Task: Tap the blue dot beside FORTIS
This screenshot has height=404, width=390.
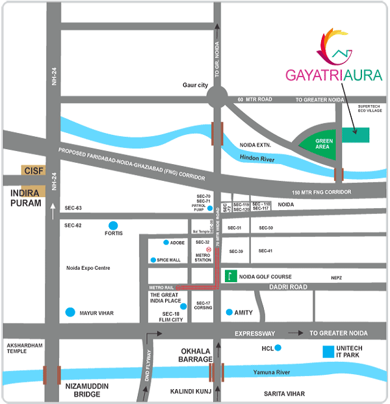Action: click(113, 226)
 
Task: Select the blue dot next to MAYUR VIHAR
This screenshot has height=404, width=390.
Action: click(70, 313)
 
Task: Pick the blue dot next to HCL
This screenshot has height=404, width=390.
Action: click(278, 348)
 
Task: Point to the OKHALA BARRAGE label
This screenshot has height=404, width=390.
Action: click(196, 355)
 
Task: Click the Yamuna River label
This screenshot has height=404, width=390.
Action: click(271, 374)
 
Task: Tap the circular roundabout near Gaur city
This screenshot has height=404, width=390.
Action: click(217, 99)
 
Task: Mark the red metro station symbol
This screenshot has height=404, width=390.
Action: click(208, 249)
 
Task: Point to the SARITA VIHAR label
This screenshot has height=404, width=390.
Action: click(284, 394)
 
